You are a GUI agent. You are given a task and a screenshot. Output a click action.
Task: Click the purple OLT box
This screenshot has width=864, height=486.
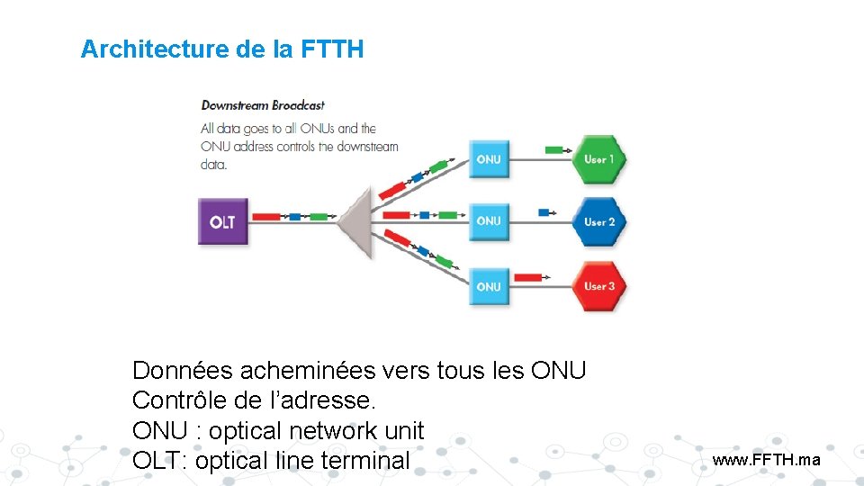click(222, 220)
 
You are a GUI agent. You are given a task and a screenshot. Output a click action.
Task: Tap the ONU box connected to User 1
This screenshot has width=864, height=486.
click(489, 159)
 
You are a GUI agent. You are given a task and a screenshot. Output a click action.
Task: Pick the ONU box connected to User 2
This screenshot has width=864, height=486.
click(489, 220)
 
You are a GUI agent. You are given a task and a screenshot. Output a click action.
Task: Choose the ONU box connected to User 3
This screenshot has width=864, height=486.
click(489, 286)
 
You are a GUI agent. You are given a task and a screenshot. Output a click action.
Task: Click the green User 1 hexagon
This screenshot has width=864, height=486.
click(598, 159)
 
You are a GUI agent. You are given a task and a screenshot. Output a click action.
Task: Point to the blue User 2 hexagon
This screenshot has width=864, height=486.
click(598, 221)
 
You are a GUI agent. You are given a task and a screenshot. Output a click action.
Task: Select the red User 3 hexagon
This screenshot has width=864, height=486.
click(598, 286)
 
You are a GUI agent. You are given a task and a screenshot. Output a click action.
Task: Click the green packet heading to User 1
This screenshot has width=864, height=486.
click(555, 148)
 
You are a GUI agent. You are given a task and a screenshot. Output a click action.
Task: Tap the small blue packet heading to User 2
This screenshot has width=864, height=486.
click(544, 212)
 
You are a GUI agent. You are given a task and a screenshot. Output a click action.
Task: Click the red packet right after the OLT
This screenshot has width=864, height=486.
click(265, 217)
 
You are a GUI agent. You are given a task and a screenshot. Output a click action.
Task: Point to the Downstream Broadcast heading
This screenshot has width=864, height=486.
click(262, 105)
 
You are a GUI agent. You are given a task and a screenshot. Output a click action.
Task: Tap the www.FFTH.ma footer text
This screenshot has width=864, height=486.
click(766, 460)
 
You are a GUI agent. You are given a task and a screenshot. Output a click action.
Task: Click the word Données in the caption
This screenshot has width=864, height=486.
click(181, 370)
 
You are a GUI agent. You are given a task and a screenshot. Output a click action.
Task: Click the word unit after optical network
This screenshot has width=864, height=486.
click(403, 430)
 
